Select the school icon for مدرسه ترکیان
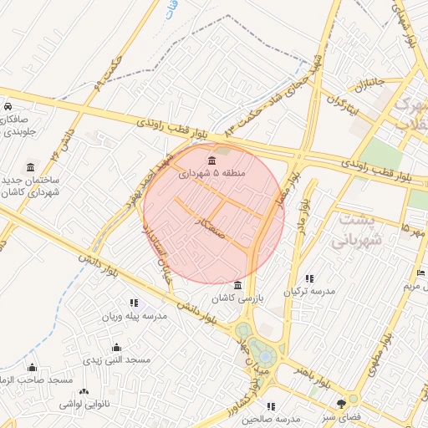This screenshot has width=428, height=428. pyautogui.click(x=309, y=278)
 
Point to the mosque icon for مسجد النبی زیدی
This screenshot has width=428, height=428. pyautogui.click(x=116, y=347)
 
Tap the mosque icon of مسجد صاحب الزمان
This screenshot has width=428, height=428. pyautogui.click(x=33, y=368)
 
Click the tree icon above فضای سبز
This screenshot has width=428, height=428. pyautogui.click(x=340, y=403)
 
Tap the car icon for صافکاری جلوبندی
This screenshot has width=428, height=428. pyautogui.click(x=7, y=107)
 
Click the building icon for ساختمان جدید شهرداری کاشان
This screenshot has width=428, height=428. pyautogui.click(x=31, y=167)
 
